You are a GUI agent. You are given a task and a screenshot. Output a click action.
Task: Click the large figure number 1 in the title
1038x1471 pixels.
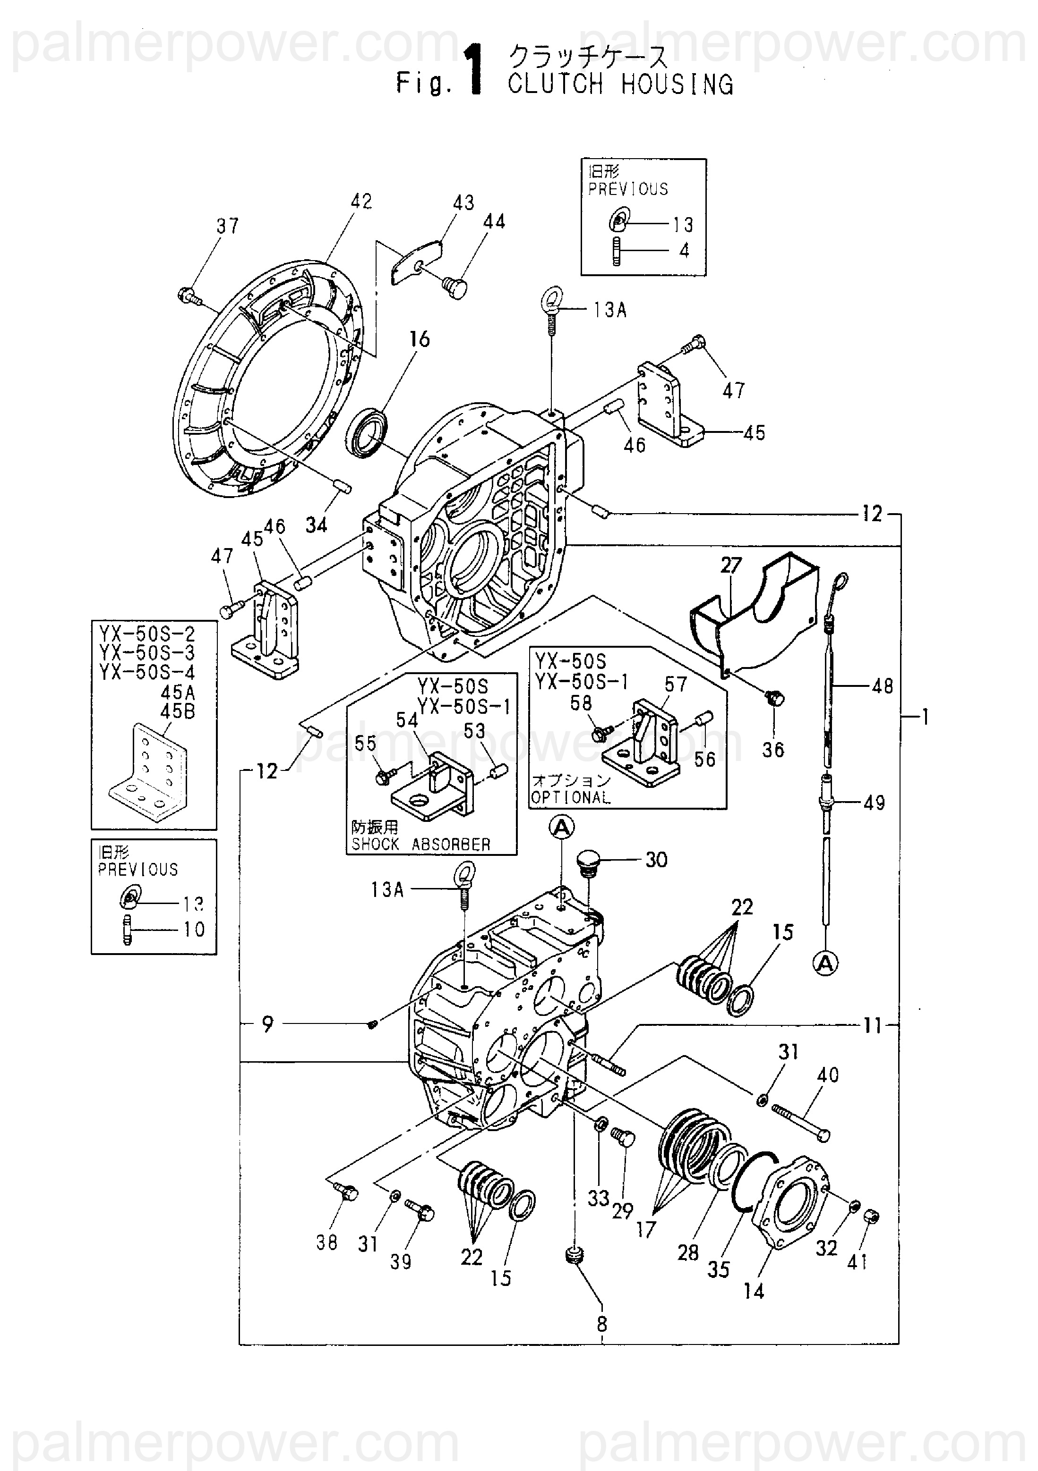tap(475, 70)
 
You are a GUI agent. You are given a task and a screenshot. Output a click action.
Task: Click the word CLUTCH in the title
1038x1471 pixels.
tap(555, 84)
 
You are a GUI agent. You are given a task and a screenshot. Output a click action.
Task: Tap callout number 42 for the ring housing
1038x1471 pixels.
tap(361, 201)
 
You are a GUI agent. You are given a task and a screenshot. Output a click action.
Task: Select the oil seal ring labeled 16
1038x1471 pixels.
tap(367, 435)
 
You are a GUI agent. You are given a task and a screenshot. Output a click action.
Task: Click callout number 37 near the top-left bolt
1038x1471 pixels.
tap(228, 226)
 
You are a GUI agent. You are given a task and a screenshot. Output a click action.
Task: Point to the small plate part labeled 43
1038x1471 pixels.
tap(417, 262)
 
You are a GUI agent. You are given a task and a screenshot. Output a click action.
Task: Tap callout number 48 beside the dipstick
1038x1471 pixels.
tap(882, 686)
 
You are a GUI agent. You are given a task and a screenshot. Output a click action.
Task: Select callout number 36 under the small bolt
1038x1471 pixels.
tap(773, 750)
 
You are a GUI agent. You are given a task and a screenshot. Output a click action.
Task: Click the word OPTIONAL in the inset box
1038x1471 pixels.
tap(571, 798)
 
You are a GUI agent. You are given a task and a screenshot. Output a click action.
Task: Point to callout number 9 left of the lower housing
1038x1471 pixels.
tap(267, 1024)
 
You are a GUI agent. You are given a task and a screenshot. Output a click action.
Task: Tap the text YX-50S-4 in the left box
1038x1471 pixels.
tap(147, 672)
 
